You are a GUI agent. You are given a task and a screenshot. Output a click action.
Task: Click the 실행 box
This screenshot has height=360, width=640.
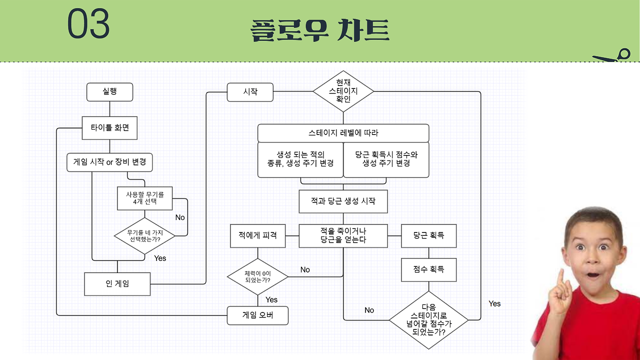[x=109, y=92]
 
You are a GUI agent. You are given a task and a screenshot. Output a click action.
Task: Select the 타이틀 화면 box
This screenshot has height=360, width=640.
[x=109, y=127]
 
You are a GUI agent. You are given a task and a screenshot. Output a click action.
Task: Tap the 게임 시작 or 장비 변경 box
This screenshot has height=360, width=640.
[x=109, y=162]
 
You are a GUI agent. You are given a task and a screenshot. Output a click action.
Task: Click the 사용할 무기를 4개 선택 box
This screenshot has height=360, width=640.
[x=144, y=198]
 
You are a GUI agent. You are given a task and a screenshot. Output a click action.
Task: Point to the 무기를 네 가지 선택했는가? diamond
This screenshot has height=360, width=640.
[x=144, y=235]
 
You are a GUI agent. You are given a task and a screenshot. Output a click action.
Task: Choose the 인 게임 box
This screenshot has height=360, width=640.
[x=117, y=284]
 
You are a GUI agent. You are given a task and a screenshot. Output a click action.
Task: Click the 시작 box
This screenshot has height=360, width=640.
[x=250, y=92]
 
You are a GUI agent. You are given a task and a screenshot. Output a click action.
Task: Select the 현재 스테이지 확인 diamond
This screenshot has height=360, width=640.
[x=343, y=91]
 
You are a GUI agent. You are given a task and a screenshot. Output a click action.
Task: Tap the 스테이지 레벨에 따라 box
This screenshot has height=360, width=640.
[x=343, y=133]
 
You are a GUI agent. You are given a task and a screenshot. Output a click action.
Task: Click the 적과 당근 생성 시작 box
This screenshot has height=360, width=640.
[x=343, y=201]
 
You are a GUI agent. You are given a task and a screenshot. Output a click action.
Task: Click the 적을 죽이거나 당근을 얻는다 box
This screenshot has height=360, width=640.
[x=343, y=235]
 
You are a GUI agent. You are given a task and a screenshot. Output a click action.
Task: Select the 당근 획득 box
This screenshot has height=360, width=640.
[x=428, y=235]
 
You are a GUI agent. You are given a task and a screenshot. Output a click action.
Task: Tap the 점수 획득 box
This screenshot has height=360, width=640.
[x=428, y=270]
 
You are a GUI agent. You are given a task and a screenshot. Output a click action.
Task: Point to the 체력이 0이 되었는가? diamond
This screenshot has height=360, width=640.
[x=257, y=276]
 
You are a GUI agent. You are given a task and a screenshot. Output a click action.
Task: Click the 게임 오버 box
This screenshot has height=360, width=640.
[x=257, y=315]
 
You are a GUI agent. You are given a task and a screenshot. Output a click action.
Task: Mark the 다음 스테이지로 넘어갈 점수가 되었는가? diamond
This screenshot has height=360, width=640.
[x=428, y=320]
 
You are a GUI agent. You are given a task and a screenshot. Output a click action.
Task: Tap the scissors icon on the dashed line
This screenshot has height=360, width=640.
[x=613, y=56]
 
